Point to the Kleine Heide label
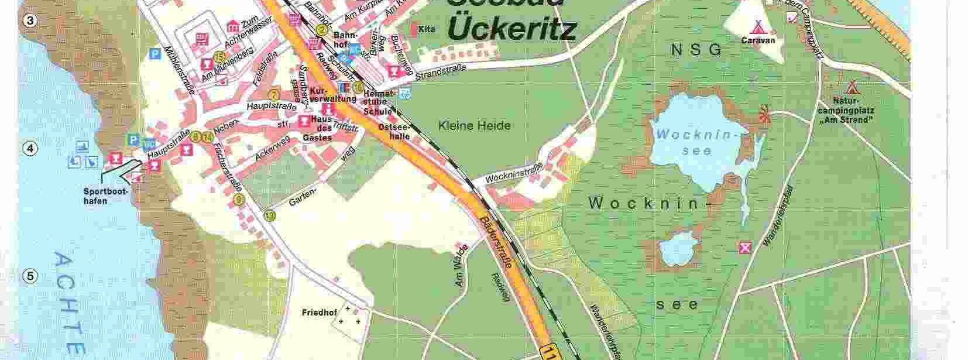pos(474,125)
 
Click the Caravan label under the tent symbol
pos(757,40)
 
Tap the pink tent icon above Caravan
pos(758,26)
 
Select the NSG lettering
pos(698,50)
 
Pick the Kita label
pos(427,29)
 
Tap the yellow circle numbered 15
pos(219,57)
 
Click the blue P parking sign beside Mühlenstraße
pos(155,53)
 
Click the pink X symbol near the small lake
pos(745,248)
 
